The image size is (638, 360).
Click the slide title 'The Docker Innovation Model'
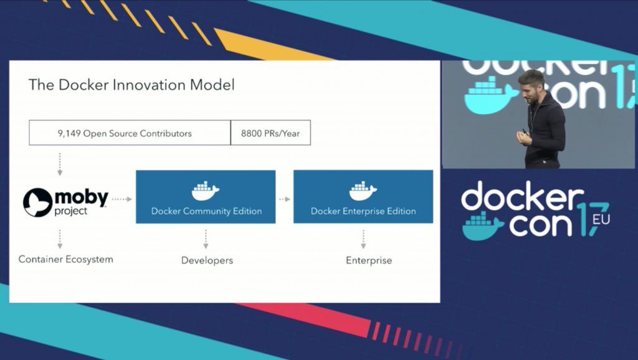(131, 85)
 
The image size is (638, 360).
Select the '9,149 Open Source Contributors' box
(130, 133)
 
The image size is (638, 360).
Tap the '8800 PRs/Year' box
(270, 133)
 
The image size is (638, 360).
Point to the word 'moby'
(82, 197)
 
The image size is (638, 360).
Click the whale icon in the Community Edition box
(206, 191)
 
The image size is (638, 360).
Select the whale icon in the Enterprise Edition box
(363, 191)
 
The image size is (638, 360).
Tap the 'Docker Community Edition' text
(206, 211)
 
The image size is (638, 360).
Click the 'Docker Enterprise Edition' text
(363, 211)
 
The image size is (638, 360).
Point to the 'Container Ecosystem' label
(66, 260)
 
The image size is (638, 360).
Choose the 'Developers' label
(207, 260)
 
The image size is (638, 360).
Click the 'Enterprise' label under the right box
(369, 260)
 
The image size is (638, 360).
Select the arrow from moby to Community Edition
(121, 199)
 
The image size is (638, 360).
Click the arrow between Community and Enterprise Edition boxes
(284, 199)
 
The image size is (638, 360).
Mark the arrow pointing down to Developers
(206, 239)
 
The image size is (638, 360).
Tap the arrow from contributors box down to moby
(60, 164)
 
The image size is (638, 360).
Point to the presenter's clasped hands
(524, 137)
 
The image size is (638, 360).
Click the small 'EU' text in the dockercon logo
(601, 219)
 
